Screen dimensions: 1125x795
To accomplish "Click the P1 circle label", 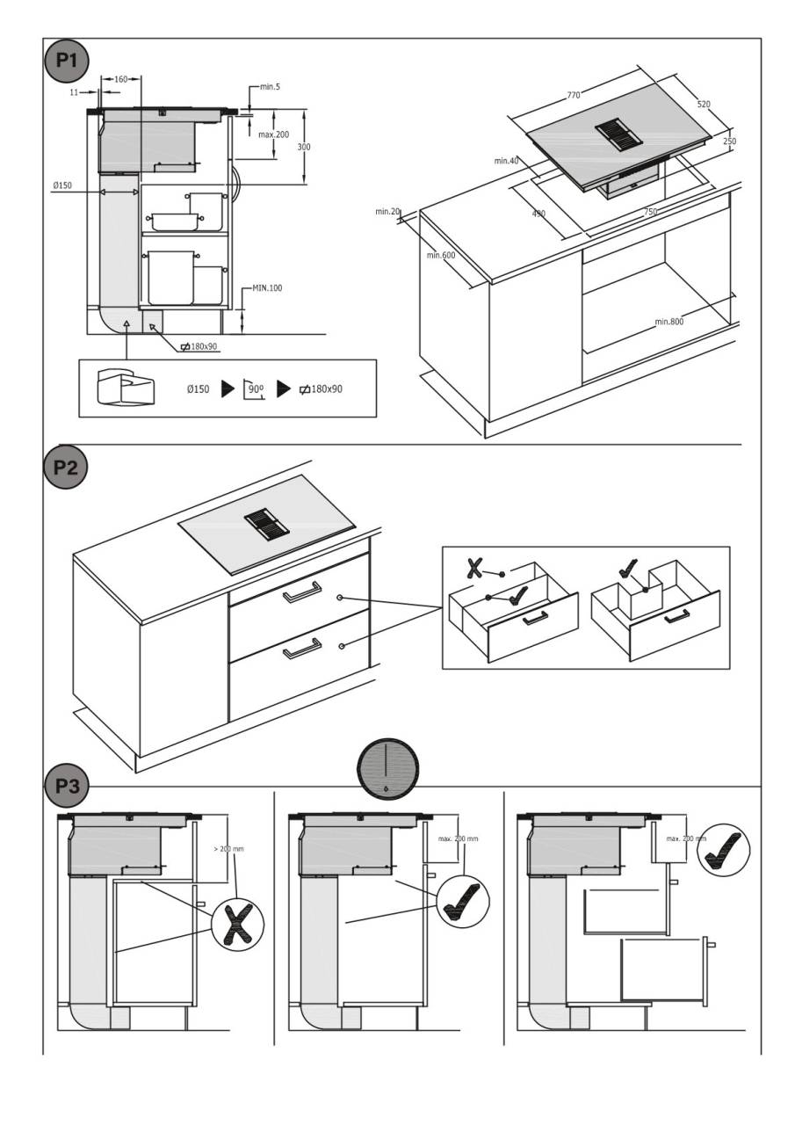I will [x=67, y=61].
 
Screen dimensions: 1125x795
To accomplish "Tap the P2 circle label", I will [x=67, y=467].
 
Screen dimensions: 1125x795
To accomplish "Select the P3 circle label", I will [x=67, y=786].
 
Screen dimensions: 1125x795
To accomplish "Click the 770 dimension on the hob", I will [x=574, y=94].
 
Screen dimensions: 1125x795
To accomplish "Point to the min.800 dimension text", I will [x=669, y=322].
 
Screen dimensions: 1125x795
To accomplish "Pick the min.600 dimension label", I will [x=440, y=256].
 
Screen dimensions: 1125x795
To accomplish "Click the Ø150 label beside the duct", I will [x=62, y=185].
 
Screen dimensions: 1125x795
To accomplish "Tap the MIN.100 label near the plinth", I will [x=267, y=287].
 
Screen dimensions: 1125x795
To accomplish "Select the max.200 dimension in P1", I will [x=273, y=134].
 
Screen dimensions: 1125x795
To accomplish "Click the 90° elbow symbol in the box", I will [x=254, y=389].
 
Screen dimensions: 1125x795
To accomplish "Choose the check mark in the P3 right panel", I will [x=728, y=847].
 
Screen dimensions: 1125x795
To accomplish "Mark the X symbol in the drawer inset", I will [x=474, y=567].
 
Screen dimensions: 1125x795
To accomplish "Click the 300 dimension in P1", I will [x=304, y=147].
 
